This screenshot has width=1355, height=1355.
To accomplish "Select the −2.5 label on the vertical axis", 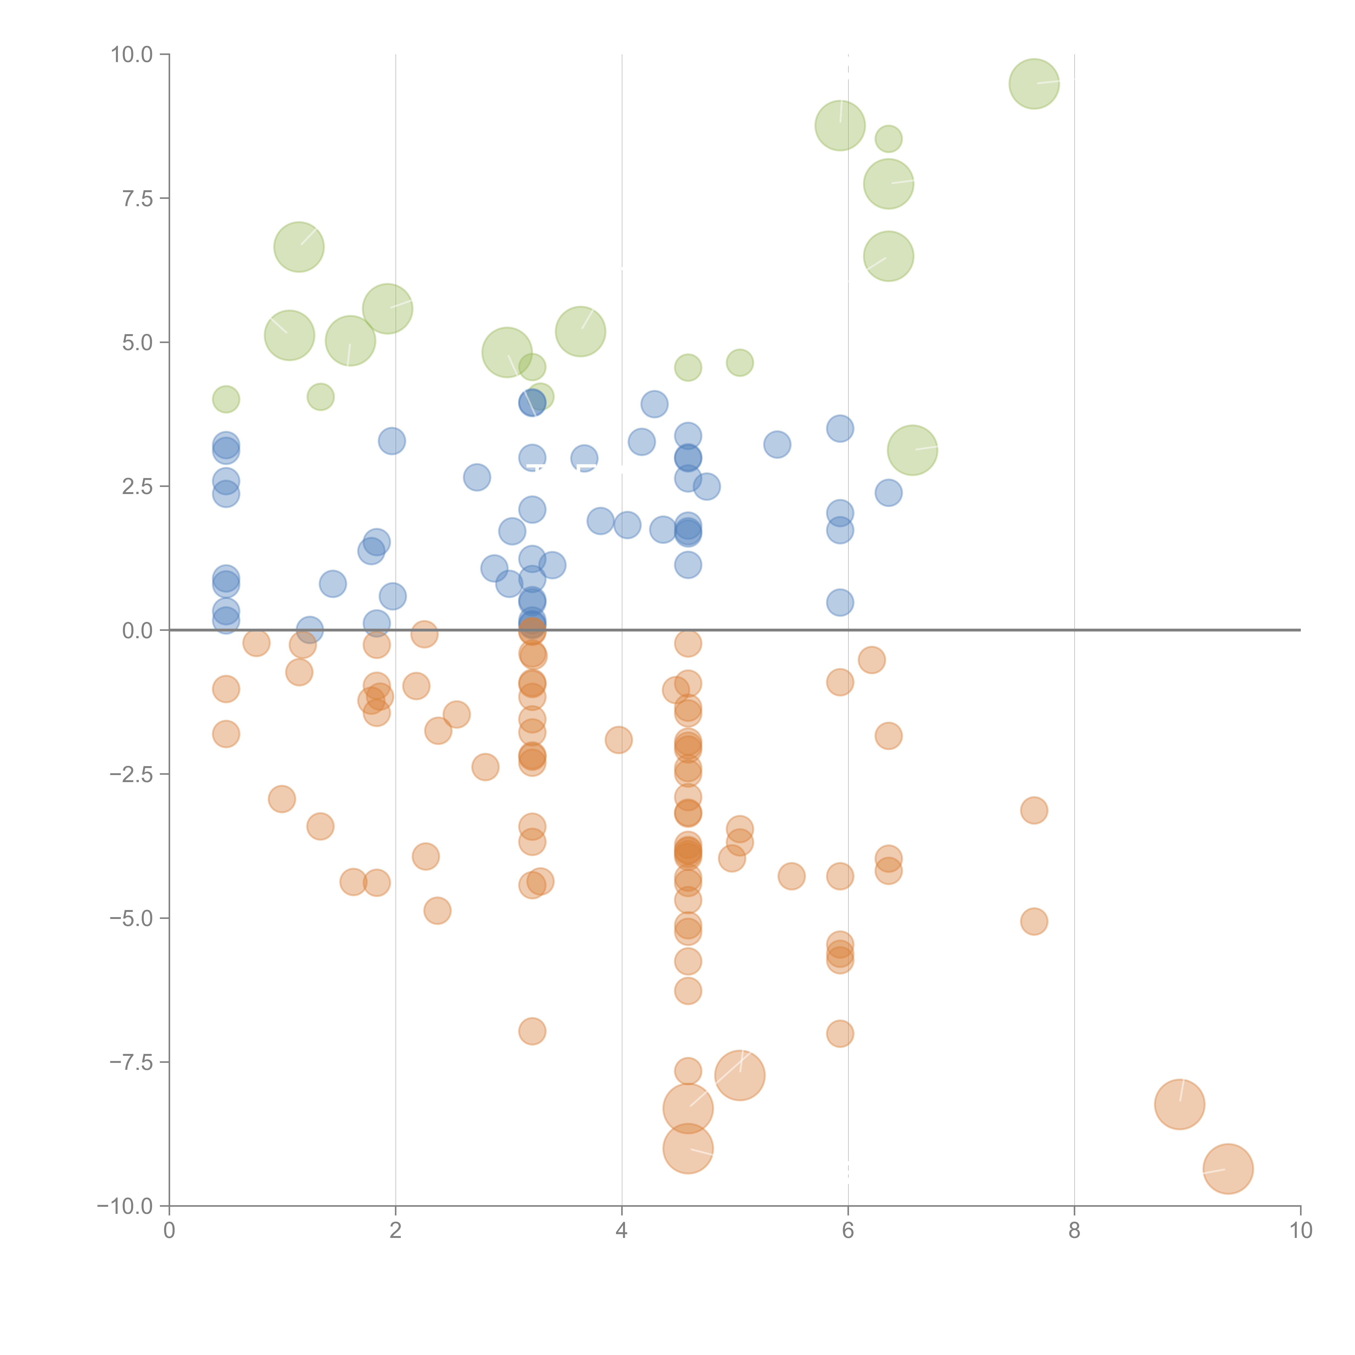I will [131, 774].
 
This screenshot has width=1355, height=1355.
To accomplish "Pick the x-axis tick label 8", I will [1075, 1231].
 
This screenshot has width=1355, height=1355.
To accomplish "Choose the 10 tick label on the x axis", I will [1300, 1231].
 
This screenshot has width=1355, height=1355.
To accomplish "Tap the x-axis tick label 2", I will [396, 1231].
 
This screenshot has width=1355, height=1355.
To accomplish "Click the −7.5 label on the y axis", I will [131, 1063].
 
